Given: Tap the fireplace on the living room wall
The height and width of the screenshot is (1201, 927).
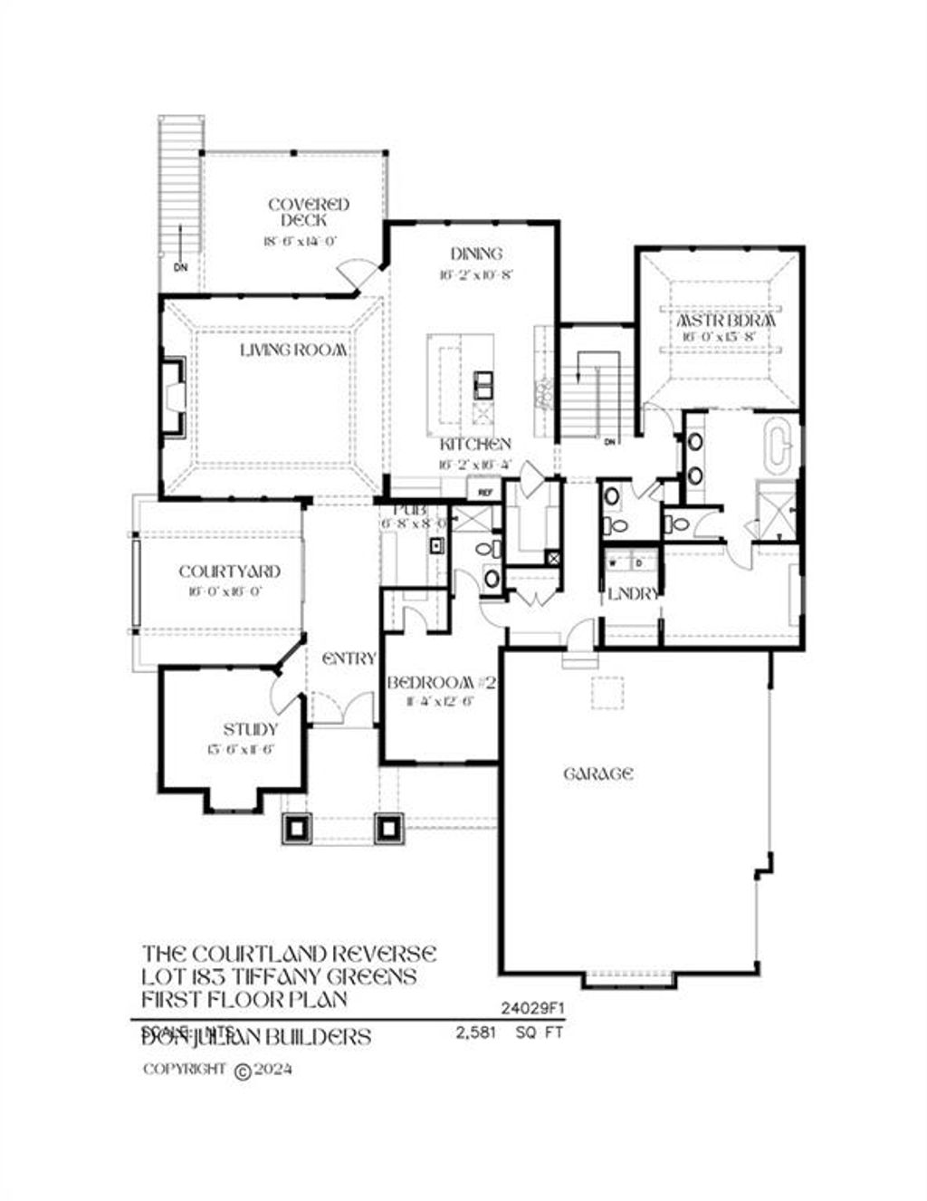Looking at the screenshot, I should (173, 396).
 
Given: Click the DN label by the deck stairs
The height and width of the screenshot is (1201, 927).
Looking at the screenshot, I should (181, 267).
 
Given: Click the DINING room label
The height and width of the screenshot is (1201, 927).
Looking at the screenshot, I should (476, 254).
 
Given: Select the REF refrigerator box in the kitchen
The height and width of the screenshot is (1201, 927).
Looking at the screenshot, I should (485, 492).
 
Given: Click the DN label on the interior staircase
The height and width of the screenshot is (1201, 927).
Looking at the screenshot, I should (609, 442).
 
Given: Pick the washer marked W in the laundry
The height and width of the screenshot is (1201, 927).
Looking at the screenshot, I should (613, 562).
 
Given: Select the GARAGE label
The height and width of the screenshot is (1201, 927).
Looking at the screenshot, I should (597, 773).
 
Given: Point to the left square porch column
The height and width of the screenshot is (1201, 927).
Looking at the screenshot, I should (297, 827).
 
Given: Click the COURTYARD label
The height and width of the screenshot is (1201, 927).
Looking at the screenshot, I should (229, 572).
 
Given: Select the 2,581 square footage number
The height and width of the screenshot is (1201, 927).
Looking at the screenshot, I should (476, 1032).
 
